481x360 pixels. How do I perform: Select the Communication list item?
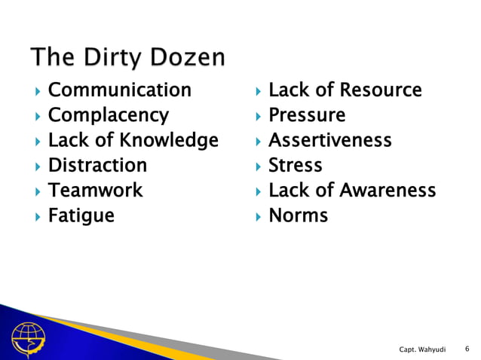pyautogui.click(x=120, y=91)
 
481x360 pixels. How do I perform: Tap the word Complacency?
pyautogui.click(x=109, y=116)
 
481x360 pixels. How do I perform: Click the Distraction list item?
pyautogui.click(x=97, y=165)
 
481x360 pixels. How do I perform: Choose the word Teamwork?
pyautogui.click(x=95, y=190)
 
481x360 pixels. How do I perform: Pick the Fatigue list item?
pyautogui.click(x=81, y=215)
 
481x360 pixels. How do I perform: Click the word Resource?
pyautogui.click(x=381, y=91)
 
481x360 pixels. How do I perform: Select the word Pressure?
pyautogui.click(x=307, y=116)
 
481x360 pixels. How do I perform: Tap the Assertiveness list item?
pyautogui.click(x=330, y=141)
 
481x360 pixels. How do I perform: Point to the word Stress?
pyautogui.click(x=296, y=165)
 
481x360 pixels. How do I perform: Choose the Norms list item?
pyautogui.click(x=299, y=215)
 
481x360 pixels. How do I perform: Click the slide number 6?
pyautogui.click(x=467, y=348)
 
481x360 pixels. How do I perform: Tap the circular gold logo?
pyautogui.click(x=28, y=341)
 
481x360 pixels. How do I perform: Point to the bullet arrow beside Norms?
pyautogui.click(x=256, y=216)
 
